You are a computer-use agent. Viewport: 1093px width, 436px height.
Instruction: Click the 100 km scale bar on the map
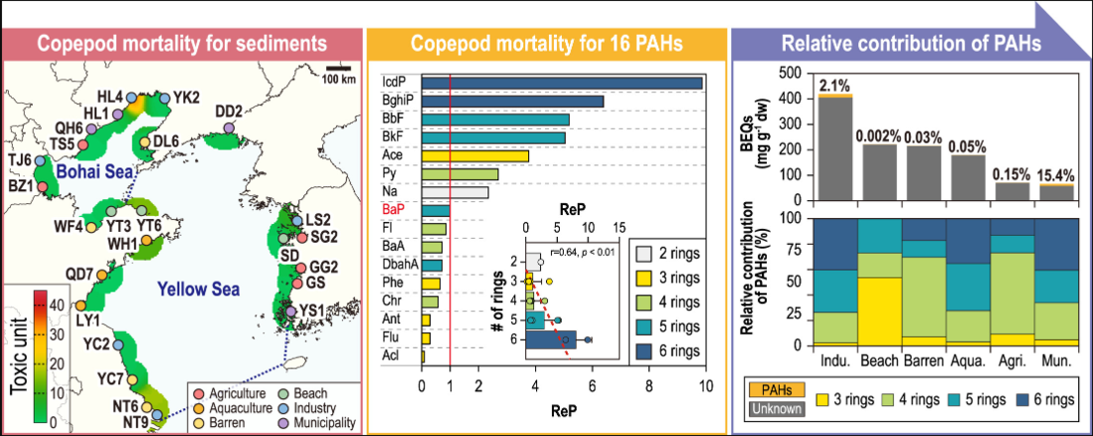[x=337, y=69]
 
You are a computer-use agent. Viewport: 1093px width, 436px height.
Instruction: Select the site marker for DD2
[x=229, y=127]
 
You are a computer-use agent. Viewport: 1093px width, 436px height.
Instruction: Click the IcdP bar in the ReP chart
[x=562, y=83]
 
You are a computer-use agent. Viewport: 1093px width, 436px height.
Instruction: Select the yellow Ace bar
[x=474, y=155]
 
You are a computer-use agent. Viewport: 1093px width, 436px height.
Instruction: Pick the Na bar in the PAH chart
[x=455, y=192]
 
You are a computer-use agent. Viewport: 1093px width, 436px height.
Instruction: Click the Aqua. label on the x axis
[x=966, y=364]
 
